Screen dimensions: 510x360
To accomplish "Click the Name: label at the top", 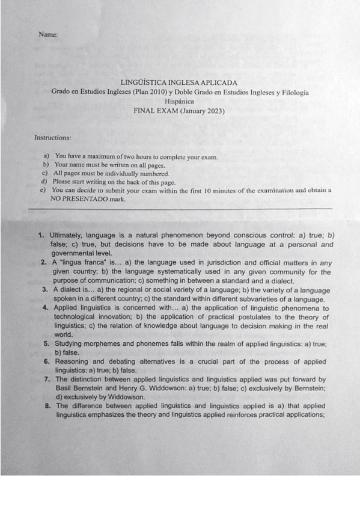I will click(48, 35).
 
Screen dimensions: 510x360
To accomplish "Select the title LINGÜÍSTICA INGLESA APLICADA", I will click(179, 82).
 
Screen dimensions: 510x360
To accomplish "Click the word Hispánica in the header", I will click(179, 102).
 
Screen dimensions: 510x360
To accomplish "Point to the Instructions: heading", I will click(52, 138).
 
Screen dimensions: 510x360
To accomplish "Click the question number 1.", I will click(41, 235).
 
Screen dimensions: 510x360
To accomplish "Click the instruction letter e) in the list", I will click(43, 190).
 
